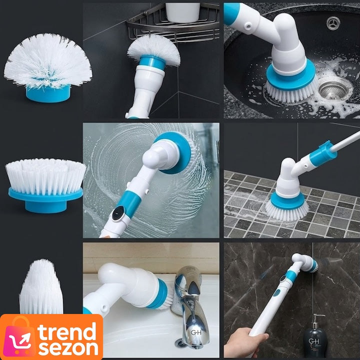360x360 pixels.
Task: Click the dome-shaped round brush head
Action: [48, 66]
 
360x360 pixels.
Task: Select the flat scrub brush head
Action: [46, 185]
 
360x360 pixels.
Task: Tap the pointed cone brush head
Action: [41, 287]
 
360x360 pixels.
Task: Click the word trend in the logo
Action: [67, 331]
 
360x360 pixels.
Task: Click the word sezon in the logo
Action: [68, 348]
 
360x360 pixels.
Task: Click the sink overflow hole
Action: [333, 23]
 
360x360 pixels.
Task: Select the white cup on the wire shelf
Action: [183, 12]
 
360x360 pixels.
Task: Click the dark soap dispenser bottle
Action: [315, 337]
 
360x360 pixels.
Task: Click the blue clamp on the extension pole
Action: [323, 153]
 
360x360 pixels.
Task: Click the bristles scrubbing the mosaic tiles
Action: [287, 211]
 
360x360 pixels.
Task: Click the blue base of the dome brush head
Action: [48, 93]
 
